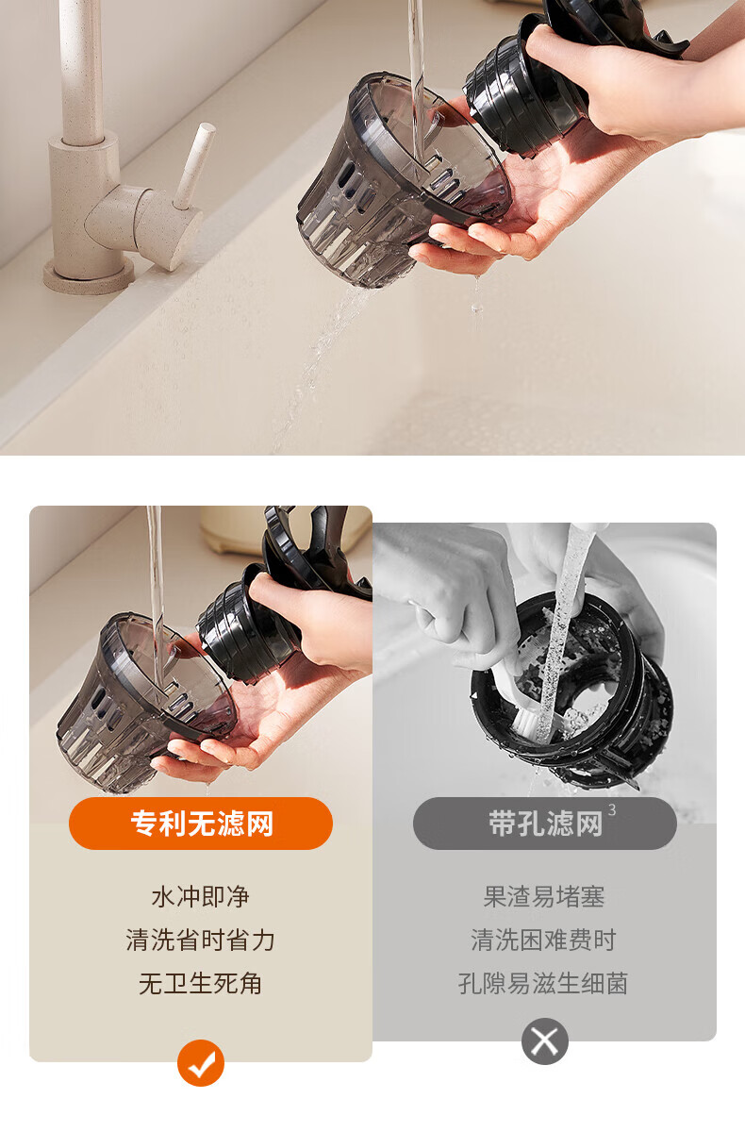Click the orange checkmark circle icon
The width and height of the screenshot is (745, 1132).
click(201, 1063)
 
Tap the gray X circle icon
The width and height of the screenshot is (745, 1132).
click(544, 1041)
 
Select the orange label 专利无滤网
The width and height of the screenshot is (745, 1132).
click(201, 824)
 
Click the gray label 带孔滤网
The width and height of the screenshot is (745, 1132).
click(544, 824)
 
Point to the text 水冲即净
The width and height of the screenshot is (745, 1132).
click(201, 897)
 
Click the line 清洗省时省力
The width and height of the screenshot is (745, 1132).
click(201, 940)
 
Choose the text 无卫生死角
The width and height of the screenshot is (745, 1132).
click(201, 983)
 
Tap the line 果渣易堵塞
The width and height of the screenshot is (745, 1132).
click(544, 897)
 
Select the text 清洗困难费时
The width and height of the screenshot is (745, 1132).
click(544, 940)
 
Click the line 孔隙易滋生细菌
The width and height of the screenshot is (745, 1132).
click(543, 983)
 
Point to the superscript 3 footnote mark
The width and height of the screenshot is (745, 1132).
click(612, 810)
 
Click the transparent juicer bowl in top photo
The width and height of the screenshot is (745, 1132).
click(404, 182)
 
